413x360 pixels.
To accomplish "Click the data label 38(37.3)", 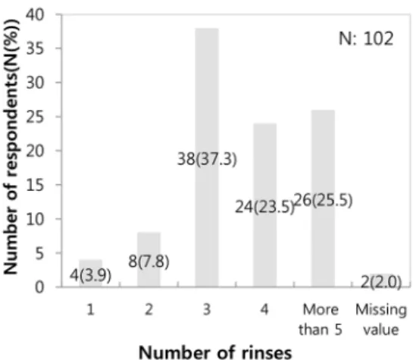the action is (x=207, y=159).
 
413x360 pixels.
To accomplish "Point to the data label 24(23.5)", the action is (x=264, y=207).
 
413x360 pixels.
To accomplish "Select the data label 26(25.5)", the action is (x=323, y=201).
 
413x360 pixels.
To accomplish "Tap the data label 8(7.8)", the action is (x=149, y=262).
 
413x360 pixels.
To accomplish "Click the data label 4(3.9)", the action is (x=91, y=276).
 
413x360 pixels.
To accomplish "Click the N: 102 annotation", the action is (x=366, y=39).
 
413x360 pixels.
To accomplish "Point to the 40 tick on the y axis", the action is (x=35, y=14).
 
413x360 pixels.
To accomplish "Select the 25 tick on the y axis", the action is (x=35, y=117).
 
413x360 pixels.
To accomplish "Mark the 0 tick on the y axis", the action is (x=39, y=286).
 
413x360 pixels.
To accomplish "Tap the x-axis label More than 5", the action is (x=321, y=319).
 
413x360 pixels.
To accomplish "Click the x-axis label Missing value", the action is (x=381, y=319).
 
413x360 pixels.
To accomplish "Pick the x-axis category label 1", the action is (x=90, y=309).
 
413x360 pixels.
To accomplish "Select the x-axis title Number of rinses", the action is (x=215, y=352).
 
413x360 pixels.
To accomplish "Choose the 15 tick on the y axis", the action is (x=35, y=185).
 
